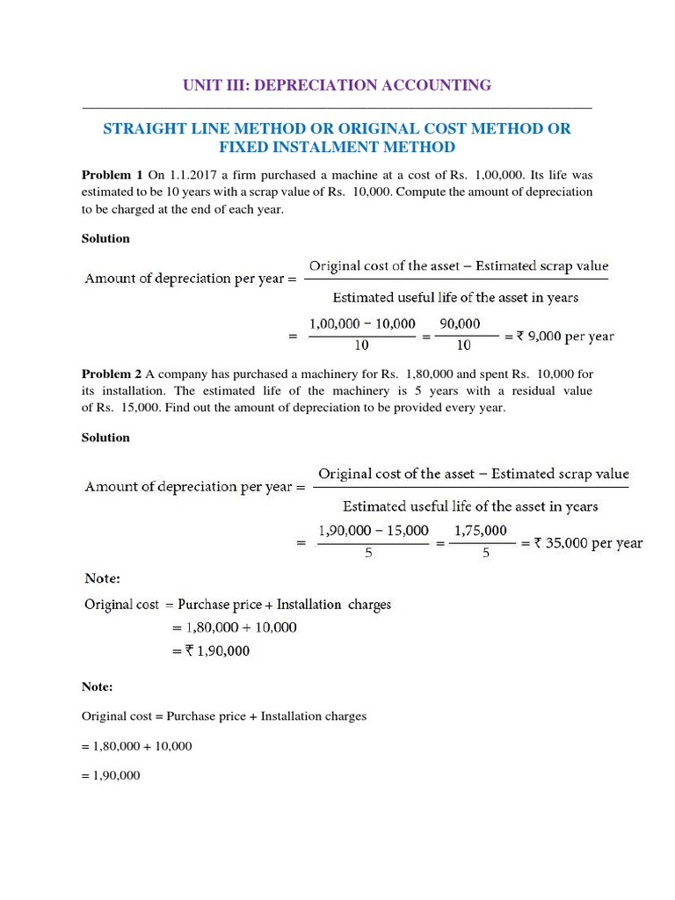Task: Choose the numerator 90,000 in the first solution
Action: (x=461, y=323)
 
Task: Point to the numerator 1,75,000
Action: (x=480, y=530)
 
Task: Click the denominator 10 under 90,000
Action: (x=461, y=346)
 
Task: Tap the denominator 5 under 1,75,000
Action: (x=485, y=555)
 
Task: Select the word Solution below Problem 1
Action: (x=105, y=238)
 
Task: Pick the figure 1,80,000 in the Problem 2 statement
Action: (x=434, y=374)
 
